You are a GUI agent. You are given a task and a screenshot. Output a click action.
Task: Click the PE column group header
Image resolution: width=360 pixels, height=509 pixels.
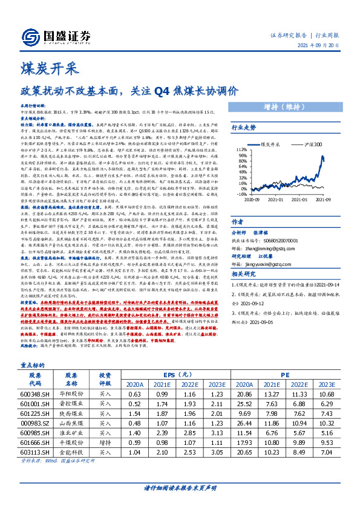(x=283, y=374)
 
